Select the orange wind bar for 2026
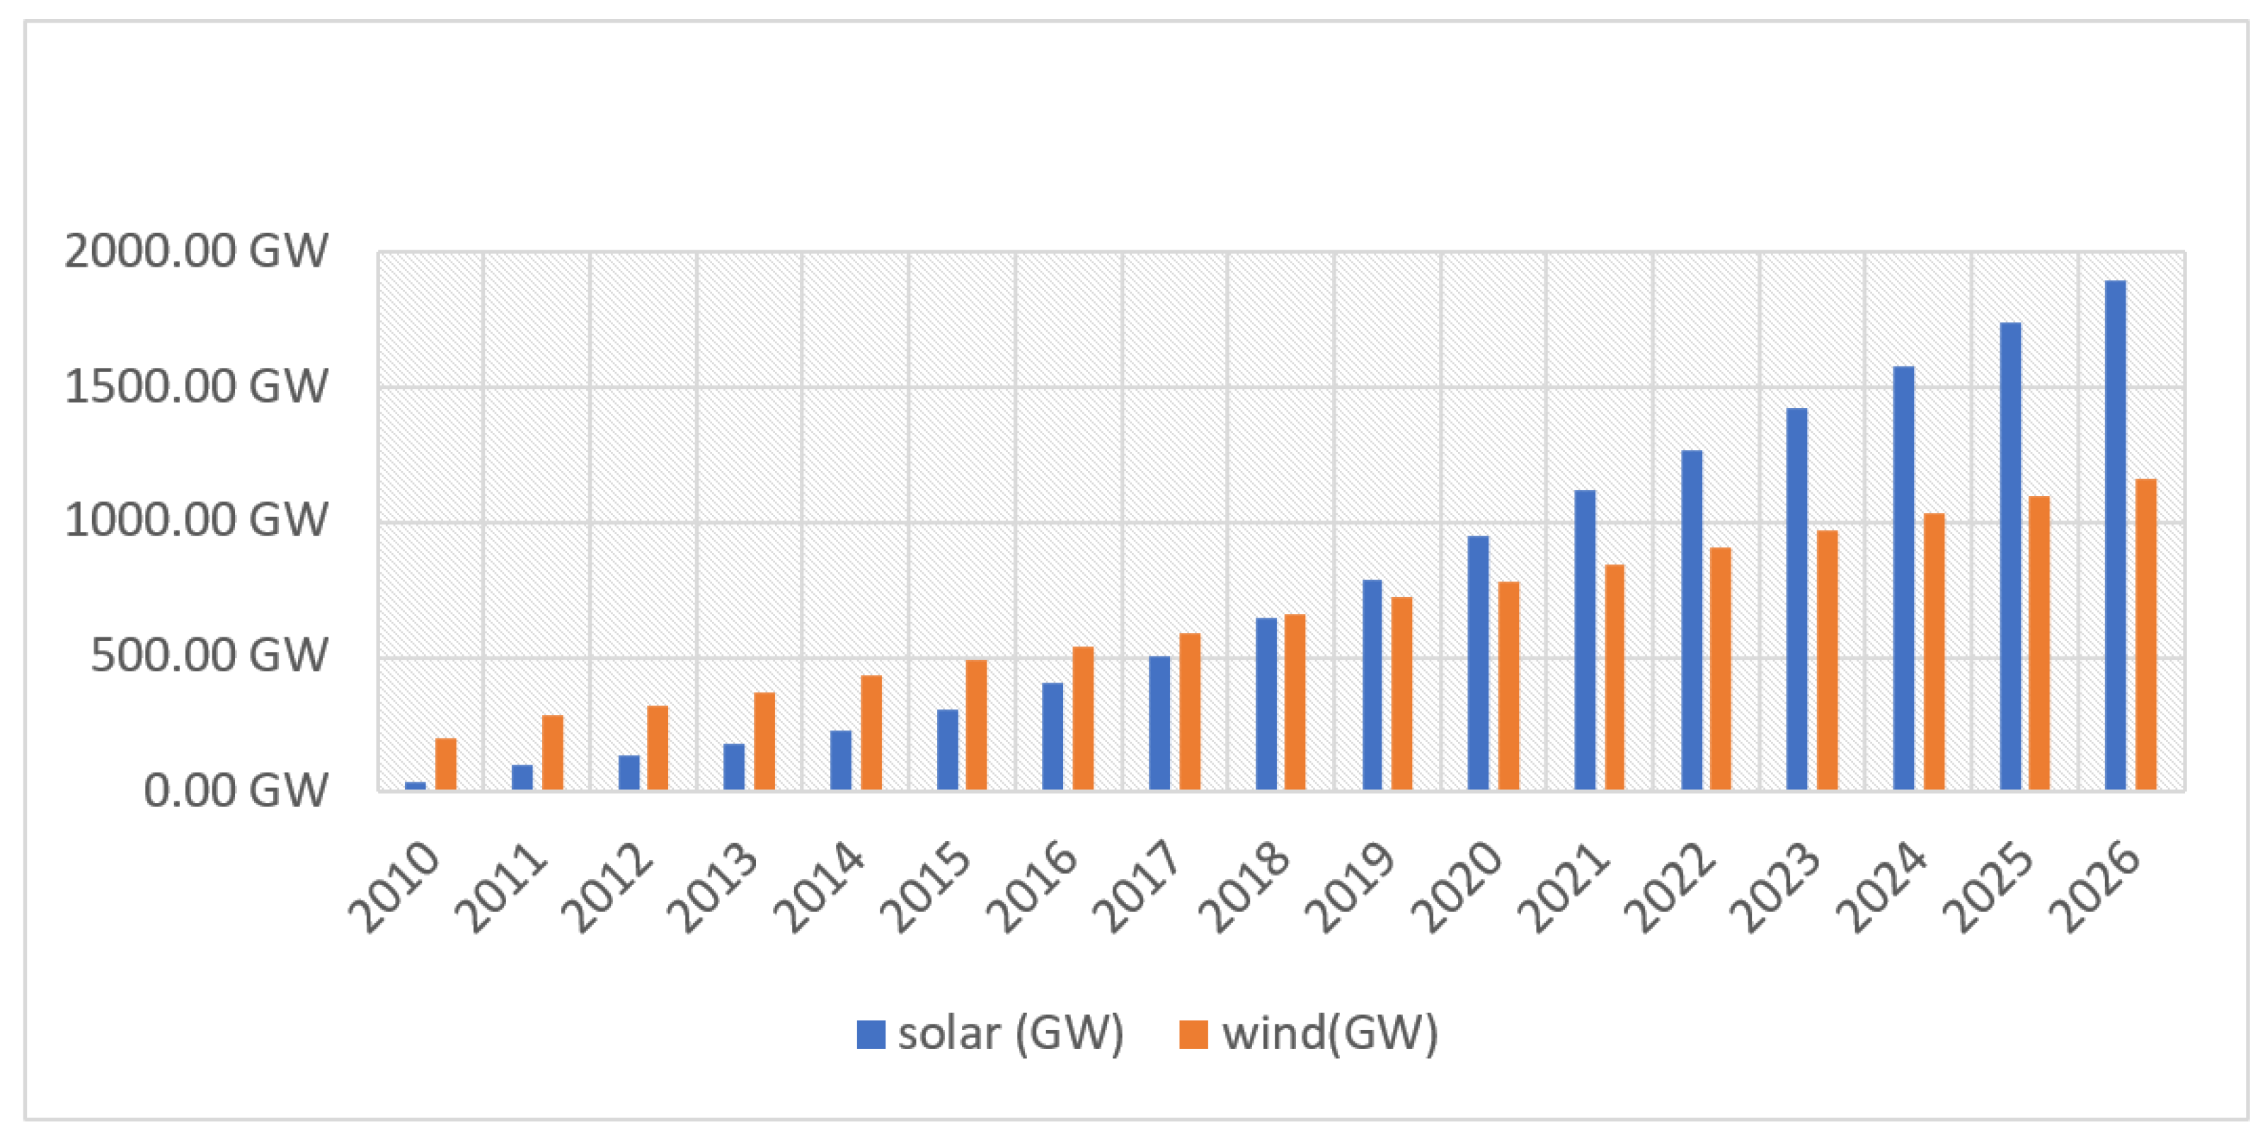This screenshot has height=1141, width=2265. (2145, 635)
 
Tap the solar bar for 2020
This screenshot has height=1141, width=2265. (1478, 663)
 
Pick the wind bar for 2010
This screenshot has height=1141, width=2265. (446, 764)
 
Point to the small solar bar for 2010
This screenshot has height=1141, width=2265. (415, 785)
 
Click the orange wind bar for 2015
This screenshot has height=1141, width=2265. (977, 724)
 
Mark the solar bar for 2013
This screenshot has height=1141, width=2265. (734, 767)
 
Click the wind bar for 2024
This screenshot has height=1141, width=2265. (1934, 651)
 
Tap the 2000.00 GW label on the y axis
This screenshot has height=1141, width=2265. (196, 251)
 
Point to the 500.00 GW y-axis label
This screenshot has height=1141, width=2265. (210, 656)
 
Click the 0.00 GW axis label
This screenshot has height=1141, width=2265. (236, 790)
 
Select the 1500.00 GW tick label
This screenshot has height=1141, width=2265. (196, 387)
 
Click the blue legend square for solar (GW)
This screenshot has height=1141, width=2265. (871, 1035)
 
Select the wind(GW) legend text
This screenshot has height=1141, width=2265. (1329, 1033)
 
